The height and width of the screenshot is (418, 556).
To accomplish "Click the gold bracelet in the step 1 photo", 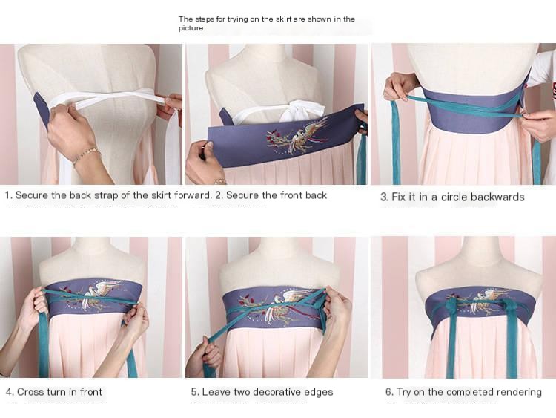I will coord(85,155).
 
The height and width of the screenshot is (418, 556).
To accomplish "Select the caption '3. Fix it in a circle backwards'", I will coord(452,197).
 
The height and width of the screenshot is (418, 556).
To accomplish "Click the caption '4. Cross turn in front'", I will coord(54,391).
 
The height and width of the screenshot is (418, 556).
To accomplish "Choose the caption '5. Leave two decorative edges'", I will coord(262,391).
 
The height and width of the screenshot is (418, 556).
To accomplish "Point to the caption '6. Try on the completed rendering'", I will coord(463,391).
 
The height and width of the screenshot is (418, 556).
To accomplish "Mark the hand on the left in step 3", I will coord(400,85).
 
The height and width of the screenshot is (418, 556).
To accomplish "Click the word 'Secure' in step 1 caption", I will coord(34,195).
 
